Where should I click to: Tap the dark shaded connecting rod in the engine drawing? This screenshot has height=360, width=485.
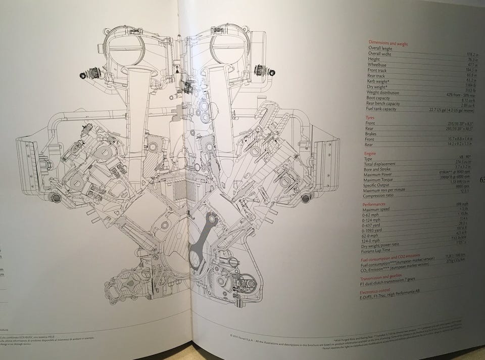tap(202, 238)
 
